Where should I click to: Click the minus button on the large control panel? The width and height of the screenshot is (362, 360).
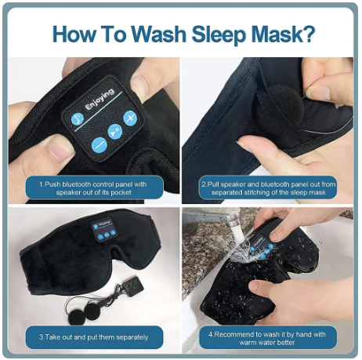click(x=99, y=144)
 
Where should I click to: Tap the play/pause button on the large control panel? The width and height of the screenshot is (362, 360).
click(x=115, y=133)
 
